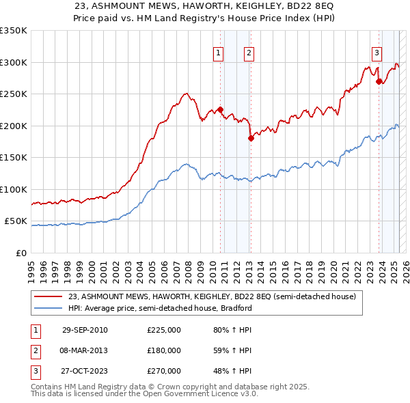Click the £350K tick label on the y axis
tap(13, 31)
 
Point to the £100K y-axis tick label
tap(13, 189)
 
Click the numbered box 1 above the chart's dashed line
tap(218, 53)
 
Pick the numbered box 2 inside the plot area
tap(249, 53)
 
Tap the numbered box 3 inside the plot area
tap(377, 53)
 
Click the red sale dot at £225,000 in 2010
tap(221, 110)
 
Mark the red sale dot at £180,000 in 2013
tap(251, 138)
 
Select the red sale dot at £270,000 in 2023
tap(379, 81)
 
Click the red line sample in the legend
tap(49, 297)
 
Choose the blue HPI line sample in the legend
tap(49, 308)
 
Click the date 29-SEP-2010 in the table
tap(85, 330)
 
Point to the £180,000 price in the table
tap(164, 350)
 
